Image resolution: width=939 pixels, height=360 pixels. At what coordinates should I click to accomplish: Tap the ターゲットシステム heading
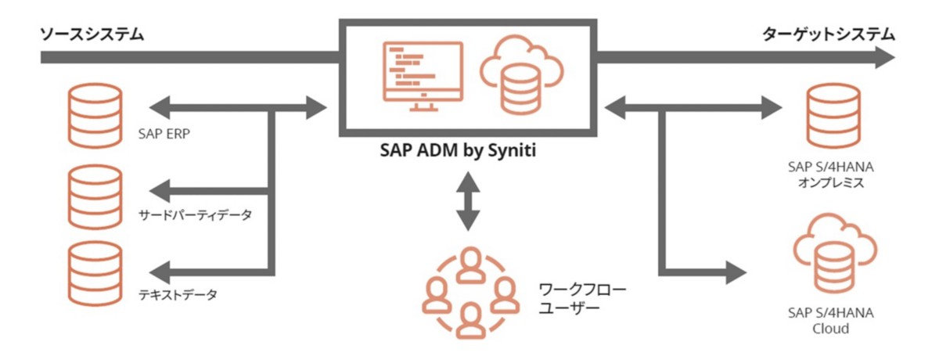(x=828, y=34)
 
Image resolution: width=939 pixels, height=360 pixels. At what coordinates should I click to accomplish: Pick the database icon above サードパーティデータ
(x=95, y=195)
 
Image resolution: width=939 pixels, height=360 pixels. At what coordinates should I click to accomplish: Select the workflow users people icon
(x=468, y=291)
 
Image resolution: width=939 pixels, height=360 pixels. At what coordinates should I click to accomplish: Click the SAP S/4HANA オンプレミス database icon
(x=829, y=115)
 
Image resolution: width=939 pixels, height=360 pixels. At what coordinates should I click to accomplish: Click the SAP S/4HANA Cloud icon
(x=829, y=254)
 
